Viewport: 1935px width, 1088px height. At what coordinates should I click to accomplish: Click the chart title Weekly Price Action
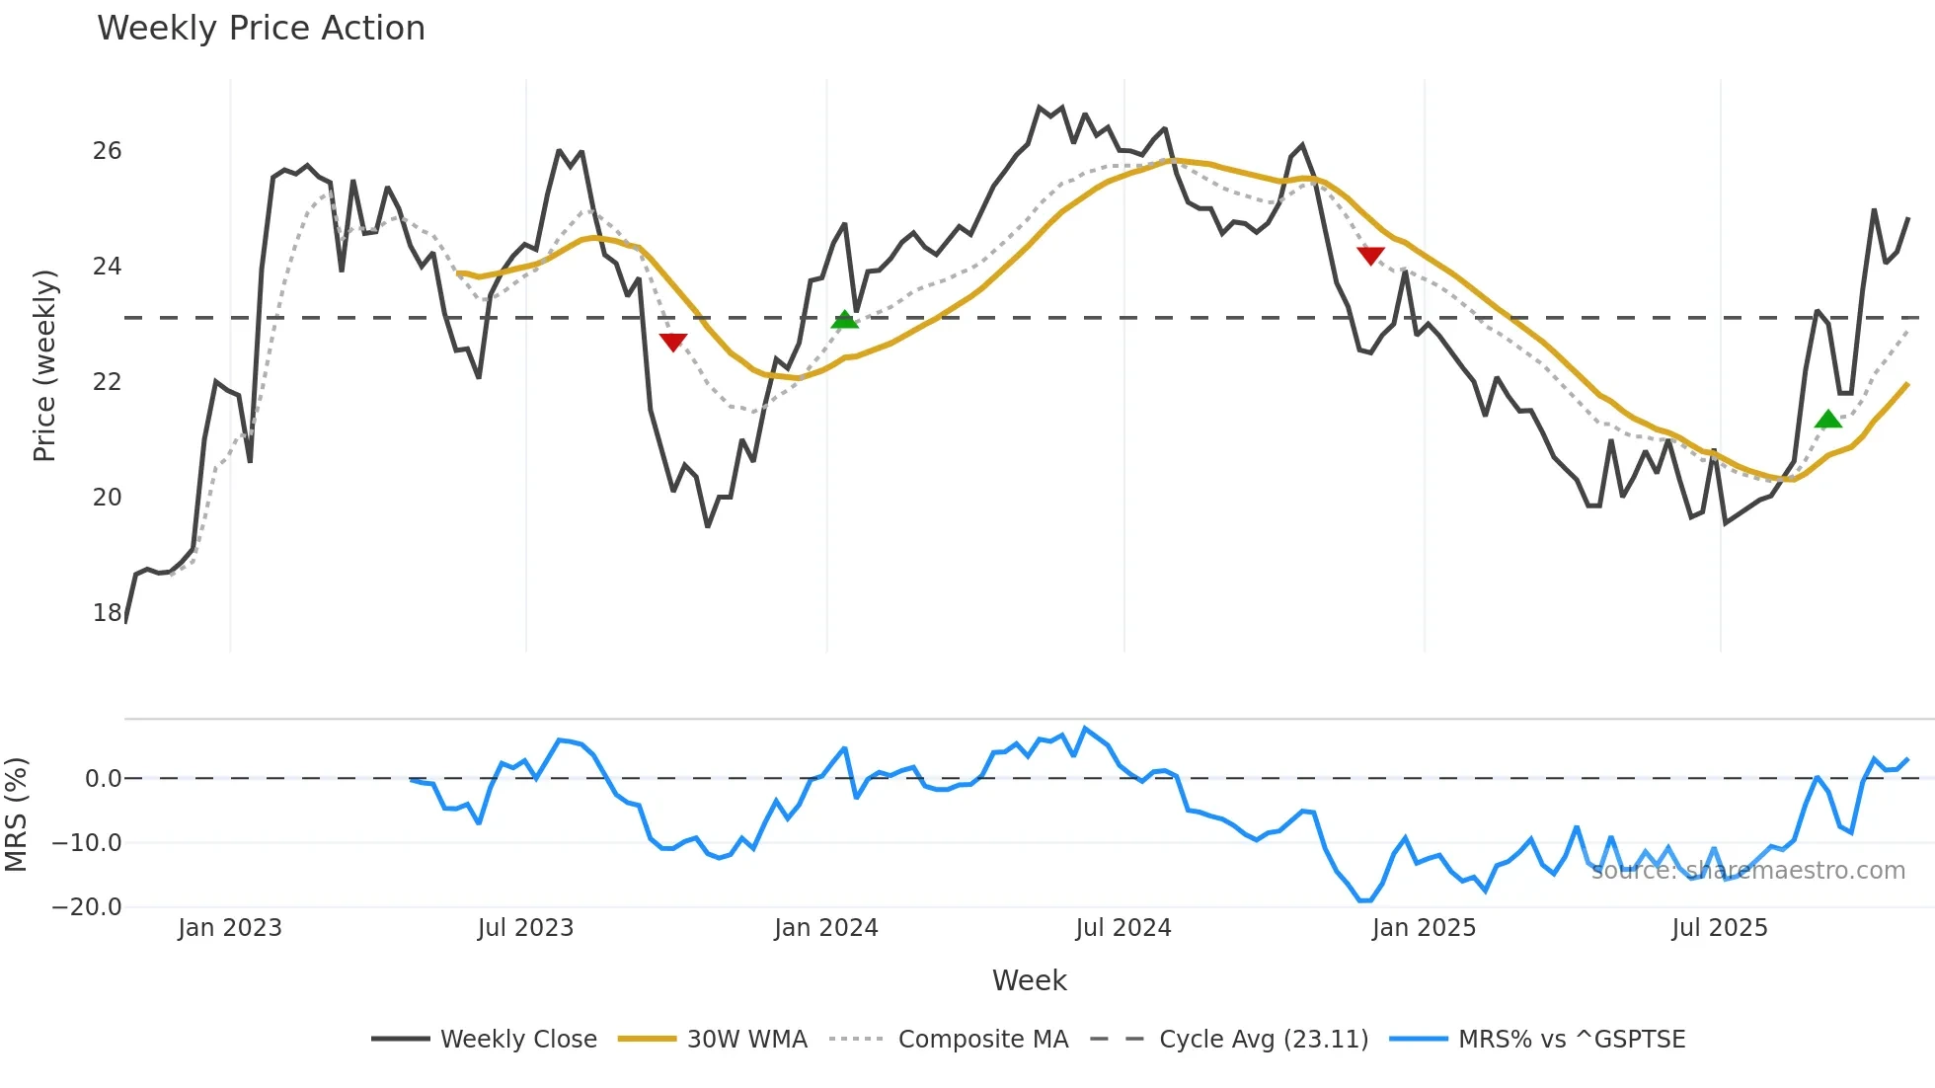coord(261,29)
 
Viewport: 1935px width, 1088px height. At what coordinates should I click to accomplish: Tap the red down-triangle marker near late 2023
coord(673,342)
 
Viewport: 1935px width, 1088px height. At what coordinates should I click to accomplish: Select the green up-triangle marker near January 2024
coord(845,320)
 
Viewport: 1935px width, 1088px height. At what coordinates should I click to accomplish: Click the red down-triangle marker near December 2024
coord(1370,256)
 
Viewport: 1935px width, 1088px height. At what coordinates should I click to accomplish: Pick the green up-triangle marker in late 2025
coord(1828,420)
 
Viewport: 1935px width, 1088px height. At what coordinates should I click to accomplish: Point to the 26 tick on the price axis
coord(107,151)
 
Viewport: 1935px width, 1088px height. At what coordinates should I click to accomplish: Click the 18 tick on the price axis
coord(107,613)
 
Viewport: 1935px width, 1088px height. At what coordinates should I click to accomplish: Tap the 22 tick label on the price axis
coord(107,382)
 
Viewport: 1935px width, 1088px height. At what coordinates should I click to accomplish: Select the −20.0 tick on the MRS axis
coord(87,907)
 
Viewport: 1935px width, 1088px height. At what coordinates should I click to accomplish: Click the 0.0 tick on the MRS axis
coord(103,779)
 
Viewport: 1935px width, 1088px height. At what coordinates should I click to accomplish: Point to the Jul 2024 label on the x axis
coord(1123,928)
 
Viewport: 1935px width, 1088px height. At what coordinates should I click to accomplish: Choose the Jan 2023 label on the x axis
coord(230,928)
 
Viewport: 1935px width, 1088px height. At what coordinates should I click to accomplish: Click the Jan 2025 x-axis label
coord(1424,928)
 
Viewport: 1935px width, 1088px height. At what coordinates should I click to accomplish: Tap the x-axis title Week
coord(1029,980)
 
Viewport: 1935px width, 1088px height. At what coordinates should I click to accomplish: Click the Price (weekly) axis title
coord(44,365)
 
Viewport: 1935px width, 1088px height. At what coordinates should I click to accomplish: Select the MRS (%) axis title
coord(16,815)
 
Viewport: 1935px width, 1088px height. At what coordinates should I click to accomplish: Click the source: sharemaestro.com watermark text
coord(1747,871)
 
